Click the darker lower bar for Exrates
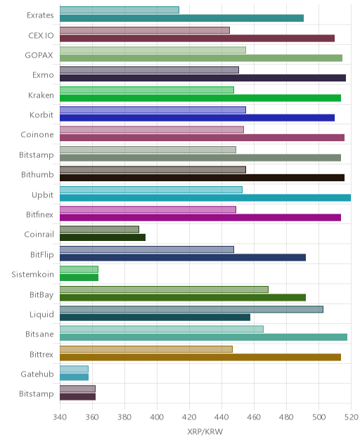pyautogui.click(x=181, y=18)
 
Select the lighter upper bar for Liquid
pyautogui.click(x=191, y=309)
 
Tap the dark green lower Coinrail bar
pyautogui.click(x=103, y=237)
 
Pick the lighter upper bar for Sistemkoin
pyautogui.click(x=79, y=269)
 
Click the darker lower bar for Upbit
pyautogui.click(x=205, y=197)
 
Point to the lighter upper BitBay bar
pyautogui.click(x=164, y=289)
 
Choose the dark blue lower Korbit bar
pyautogui.click(x=197, y=118)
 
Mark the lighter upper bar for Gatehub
pyautogui.click(x=74, y=369)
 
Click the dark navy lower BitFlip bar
pyautogui.click(x=183, y=257)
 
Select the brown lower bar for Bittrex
pyautogui.click(x=200, y=358)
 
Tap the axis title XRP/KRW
pyautogui.click(x=205, y=431)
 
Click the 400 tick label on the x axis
pyautogui.click(x=157, y=417)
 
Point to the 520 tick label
pyautogui.click(x=351, y=417)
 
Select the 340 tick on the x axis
pyautogui.click(x=60, y=417)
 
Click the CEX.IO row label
pyautogui.click(x=41, y=35)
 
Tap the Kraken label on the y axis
pyautogui.click(x=41, y=95)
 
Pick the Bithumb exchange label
pyautogui.click(x=37, y=174)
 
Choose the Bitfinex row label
pyautogui.click(x=39, y=215)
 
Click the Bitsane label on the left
pyautogui.click(x=39, y=334)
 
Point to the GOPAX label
pyautogui.click(x=39, y=55)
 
